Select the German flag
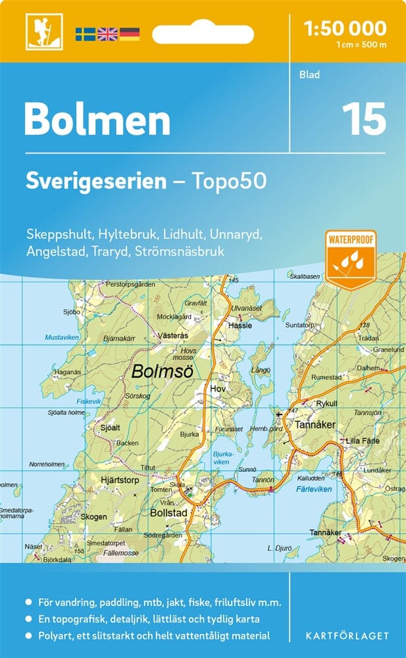129,34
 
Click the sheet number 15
363,120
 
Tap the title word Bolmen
97,121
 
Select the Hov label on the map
218,389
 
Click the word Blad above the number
309,75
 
